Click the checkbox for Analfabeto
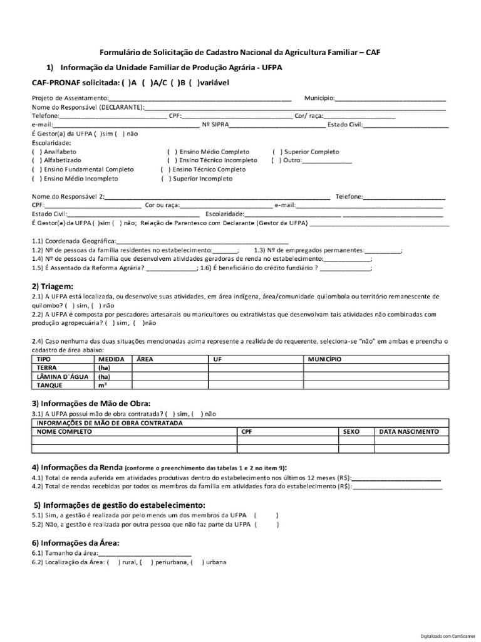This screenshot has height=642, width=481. click(35, 152)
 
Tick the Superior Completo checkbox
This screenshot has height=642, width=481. click(276, 152)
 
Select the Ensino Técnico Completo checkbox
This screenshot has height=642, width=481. click(165, 169)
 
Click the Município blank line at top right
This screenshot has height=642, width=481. click(391, 98)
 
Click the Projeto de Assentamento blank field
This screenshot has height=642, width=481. click(200, 98)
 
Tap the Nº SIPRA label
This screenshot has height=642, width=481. click(215, 125)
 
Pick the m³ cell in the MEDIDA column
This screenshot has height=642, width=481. click(102, 385)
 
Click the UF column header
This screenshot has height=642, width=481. click(218, 359)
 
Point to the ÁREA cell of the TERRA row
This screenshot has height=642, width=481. click(170, 368)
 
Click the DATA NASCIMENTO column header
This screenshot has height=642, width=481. click(410, 431)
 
